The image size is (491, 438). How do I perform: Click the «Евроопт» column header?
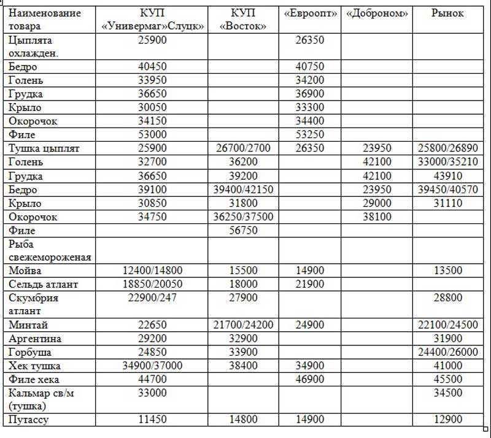click(312, 13)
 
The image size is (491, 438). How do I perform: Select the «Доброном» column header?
click(377, 13)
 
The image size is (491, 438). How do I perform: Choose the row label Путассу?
click(28, 420)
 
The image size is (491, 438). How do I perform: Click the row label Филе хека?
click(34, 379)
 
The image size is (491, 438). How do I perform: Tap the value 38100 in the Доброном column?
click(377, 217)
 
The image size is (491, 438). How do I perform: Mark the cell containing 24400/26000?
click(447, 352)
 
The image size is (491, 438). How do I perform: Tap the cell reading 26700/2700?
click(244, 148)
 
